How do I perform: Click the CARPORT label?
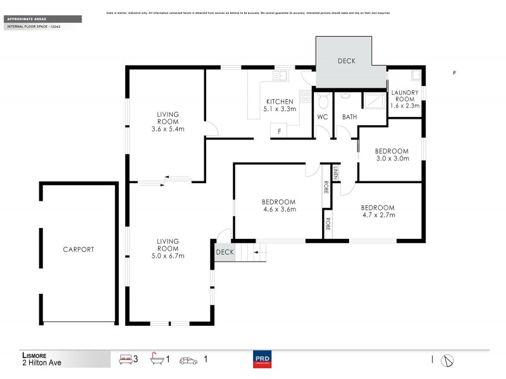click(78, 250)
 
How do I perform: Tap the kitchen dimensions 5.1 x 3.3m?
click(279, 109)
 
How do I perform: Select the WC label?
click(322, 117)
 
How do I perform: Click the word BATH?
click(349, 117)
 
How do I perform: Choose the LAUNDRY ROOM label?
click(405, 95)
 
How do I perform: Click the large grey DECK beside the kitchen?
click(346, 62)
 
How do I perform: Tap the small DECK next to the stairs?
click(225, 252)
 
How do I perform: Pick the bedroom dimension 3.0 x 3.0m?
click(392, 159)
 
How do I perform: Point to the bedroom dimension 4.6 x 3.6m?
click(279, 209)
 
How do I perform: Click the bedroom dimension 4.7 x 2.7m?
click(378, 215)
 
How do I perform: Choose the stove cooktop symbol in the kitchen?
click(304, 97)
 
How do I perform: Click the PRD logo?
click(261, 360)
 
